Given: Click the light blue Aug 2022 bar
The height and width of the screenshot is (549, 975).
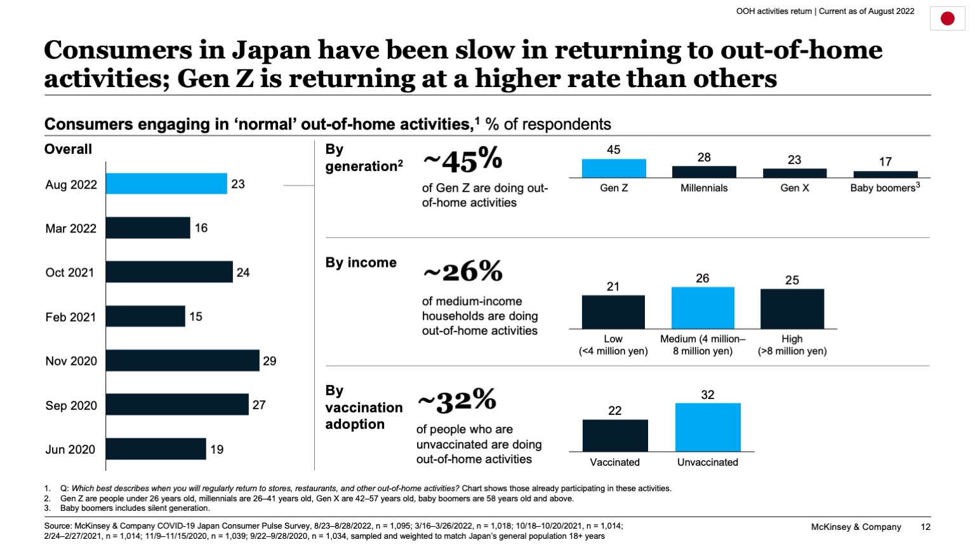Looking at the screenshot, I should click(166, 184).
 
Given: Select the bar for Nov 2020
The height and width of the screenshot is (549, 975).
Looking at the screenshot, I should click(182, 360).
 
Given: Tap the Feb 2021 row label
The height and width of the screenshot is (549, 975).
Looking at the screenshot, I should click(70, 316).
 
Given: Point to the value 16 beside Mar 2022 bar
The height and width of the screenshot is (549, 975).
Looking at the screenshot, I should click(201, 227).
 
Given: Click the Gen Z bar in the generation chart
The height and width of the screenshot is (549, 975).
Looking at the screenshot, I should click(614, 168).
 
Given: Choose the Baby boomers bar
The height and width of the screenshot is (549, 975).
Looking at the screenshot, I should click(885, 174).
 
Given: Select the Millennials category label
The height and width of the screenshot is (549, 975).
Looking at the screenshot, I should click(704, 188).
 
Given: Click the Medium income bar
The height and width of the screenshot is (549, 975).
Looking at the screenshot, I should click(703, 308).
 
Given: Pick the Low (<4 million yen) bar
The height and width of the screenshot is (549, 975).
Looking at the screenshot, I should click(613, 312).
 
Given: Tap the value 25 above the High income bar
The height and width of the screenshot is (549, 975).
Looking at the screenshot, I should click(792, 280).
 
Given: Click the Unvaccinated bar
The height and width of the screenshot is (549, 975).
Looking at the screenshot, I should click(708, 427).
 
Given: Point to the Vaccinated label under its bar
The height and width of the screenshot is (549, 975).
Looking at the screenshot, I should click(614, 462).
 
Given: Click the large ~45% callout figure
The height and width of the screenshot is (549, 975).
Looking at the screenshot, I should click(463, 161).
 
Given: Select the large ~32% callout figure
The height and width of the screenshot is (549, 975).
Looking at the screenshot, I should click(457, 401).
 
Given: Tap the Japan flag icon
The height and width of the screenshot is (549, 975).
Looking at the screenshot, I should click(947, 18).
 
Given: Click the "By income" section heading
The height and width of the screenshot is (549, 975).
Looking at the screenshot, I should click(361, 262).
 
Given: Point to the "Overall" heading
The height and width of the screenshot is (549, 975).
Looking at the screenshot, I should click(68, 149).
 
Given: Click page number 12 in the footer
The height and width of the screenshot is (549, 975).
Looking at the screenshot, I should click(925, 527).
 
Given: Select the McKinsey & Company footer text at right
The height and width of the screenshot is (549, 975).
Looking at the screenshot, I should click(856, 527).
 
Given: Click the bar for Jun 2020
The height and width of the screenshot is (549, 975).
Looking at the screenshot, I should click(156, 449).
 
